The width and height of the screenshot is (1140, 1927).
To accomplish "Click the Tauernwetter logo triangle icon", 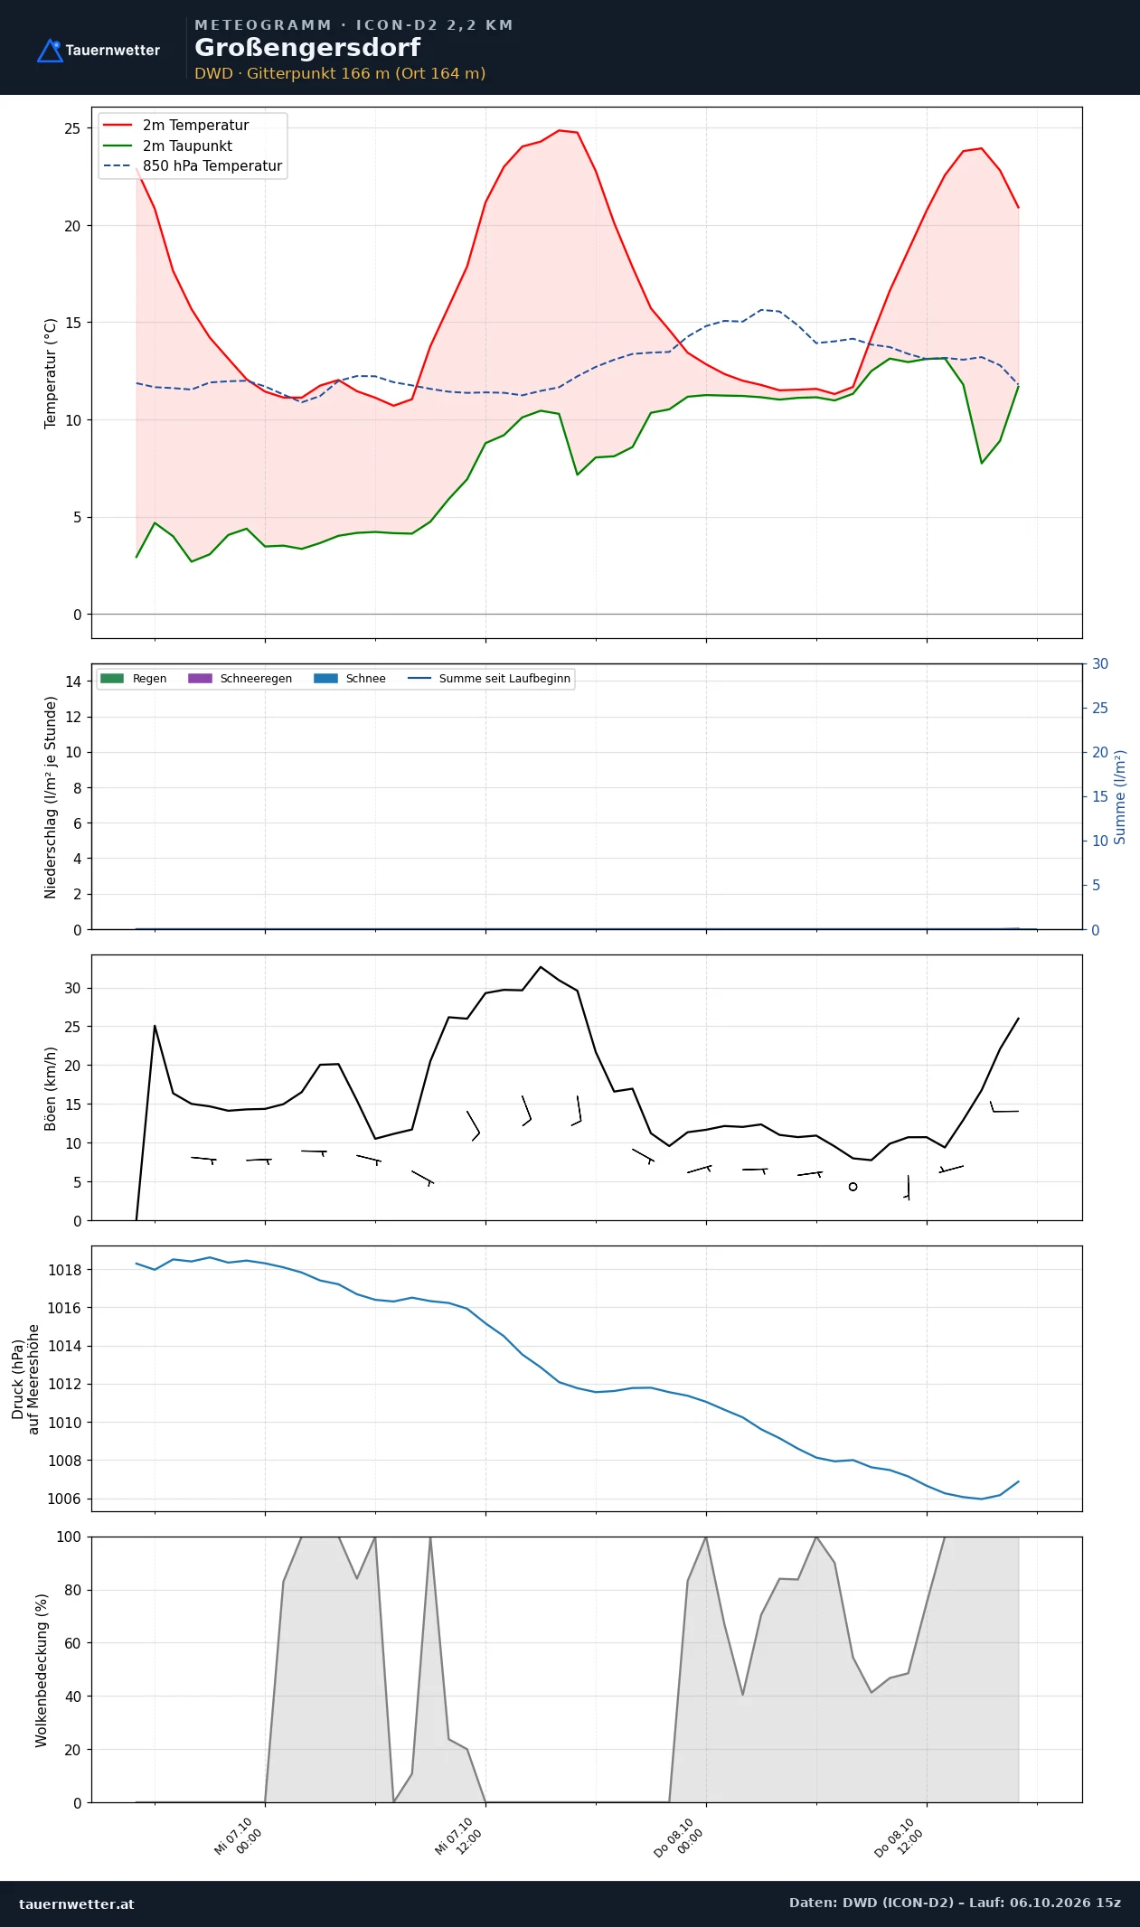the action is pos(51,51).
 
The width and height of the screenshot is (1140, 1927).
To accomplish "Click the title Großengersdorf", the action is pos(307,48).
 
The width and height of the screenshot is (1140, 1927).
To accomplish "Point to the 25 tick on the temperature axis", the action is pos(72,128).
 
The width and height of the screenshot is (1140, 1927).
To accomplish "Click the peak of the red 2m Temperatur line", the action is pos(559,130).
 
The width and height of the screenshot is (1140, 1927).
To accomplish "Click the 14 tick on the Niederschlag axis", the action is pos(73,681).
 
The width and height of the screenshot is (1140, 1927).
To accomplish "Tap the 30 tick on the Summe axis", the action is pos(1100,663).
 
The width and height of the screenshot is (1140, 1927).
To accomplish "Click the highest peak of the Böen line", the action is pos(541,967).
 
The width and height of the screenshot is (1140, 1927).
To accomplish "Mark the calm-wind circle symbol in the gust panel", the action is pos(853,1187).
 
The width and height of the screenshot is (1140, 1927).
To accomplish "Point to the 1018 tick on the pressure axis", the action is pos(64,1270).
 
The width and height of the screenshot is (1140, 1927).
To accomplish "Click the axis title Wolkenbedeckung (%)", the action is pos(42,1670).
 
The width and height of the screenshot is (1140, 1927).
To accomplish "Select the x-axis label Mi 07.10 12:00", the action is pos(458,1837).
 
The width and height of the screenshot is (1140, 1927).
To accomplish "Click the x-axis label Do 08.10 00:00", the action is pos(679,1838).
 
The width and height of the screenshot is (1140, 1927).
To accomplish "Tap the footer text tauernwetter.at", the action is pos(76,1903).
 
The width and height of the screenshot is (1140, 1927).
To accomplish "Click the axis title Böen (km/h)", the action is pos(51,1088).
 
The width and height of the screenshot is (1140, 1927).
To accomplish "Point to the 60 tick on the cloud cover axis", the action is pos(72,1643).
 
